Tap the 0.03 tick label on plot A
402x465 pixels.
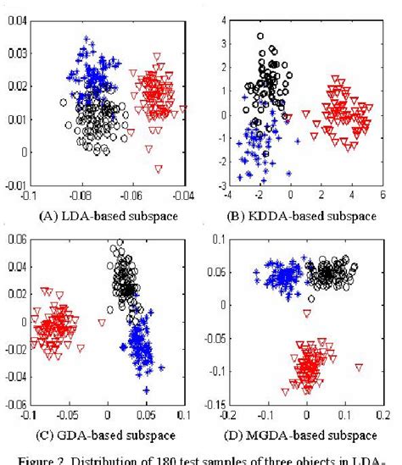[x=14, y=54]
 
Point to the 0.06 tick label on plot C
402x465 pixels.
[x=14, y=240]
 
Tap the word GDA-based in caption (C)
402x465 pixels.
[x=91, y=435]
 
